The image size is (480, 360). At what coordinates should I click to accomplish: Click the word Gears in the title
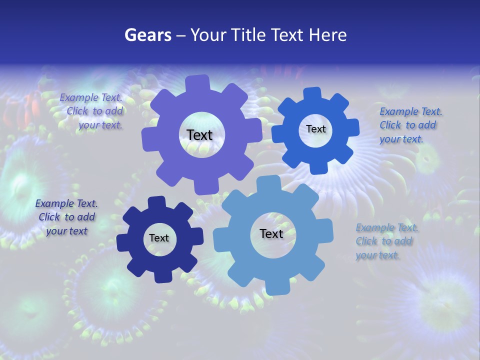(147, 35)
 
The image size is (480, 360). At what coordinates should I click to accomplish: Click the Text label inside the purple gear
(199, 135)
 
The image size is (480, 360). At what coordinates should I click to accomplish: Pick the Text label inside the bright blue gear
(315, 129)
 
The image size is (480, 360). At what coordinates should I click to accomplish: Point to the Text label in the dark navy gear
(159, 238)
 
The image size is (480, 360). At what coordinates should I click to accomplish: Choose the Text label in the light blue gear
(271, 234)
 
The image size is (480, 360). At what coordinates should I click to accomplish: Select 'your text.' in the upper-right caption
(401, 139)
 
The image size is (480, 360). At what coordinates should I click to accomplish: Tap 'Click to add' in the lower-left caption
(67, 217)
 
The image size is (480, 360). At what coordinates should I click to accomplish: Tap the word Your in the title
(209, 35)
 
